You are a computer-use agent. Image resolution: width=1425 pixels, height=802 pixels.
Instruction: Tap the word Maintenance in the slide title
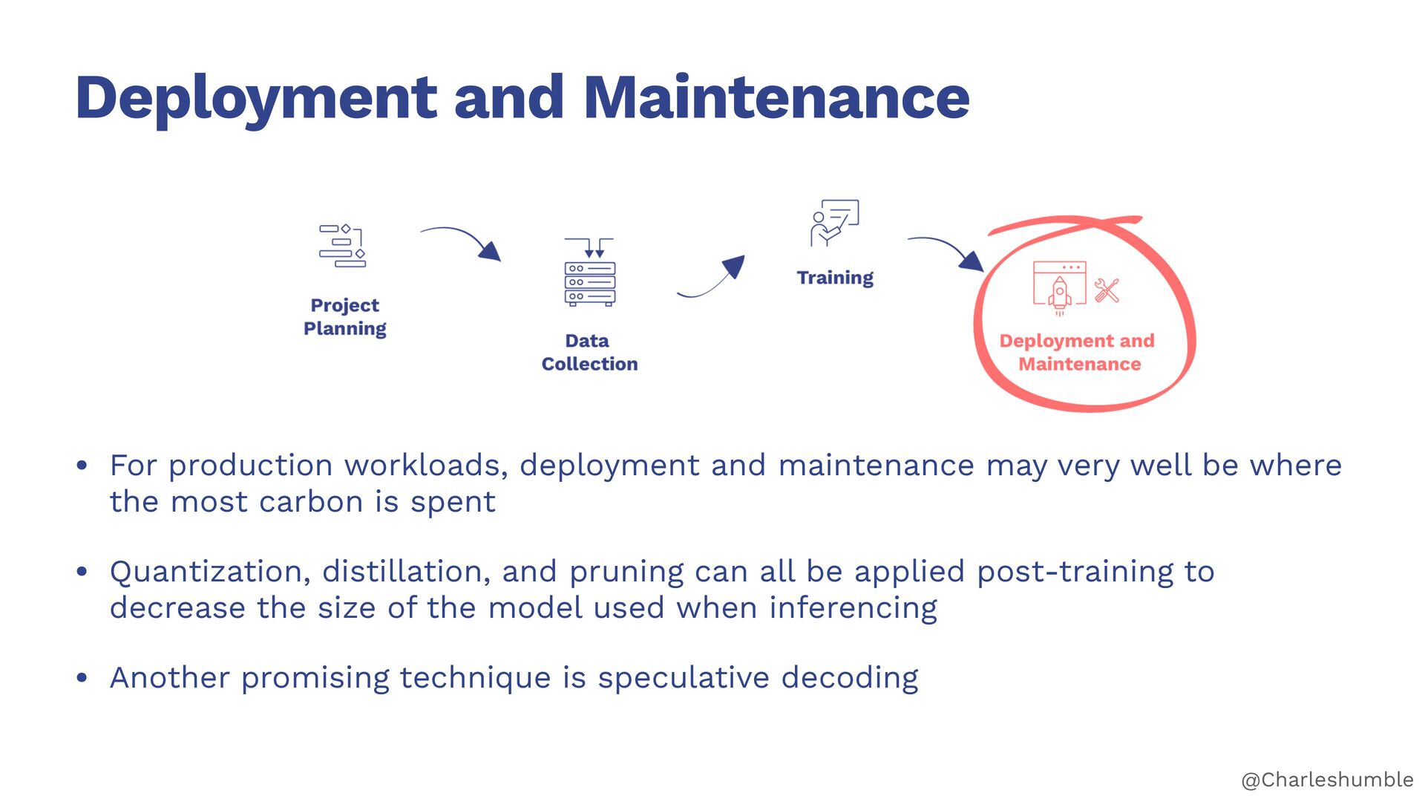click(x=776, y=98)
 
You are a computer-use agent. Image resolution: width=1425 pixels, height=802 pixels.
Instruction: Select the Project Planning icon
click(x=343, y=246)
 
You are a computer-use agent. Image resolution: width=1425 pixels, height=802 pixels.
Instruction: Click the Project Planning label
click(x=345, y=316)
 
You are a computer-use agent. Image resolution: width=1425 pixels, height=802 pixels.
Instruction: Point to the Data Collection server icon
click(x=589, y=273)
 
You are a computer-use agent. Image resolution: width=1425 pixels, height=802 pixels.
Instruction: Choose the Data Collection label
click(x=589, y=352)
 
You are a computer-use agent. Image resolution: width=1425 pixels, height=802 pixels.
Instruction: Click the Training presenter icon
click(x=834, y=222)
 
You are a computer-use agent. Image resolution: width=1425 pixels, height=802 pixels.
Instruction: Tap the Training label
click(x=835, y=278)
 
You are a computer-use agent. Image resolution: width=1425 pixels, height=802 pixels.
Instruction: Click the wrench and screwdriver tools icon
click(x=1107, y=290)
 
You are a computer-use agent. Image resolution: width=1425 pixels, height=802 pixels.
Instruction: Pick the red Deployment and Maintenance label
click(x=1078, y=352)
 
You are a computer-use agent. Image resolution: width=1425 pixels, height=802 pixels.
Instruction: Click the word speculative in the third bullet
click(x=684, y=678)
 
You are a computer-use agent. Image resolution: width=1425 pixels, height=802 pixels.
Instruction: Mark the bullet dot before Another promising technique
click(x=82, y=678)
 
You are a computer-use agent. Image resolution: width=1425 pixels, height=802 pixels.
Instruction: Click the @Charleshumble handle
click(x=1327, y=780)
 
